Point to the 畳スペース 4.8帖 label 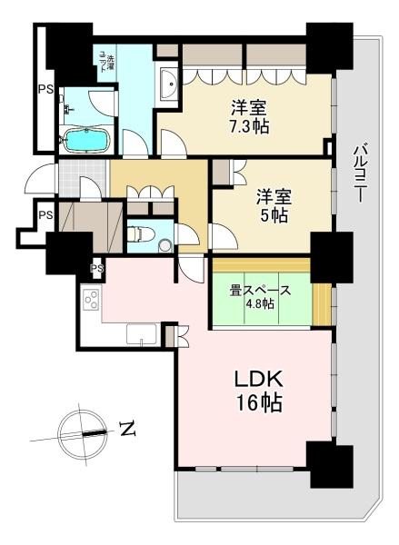(259, 297)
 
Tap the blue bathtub (85, 140)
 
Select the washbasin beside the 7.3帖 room (169, 86)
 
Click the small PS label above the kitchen (96, 268)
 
